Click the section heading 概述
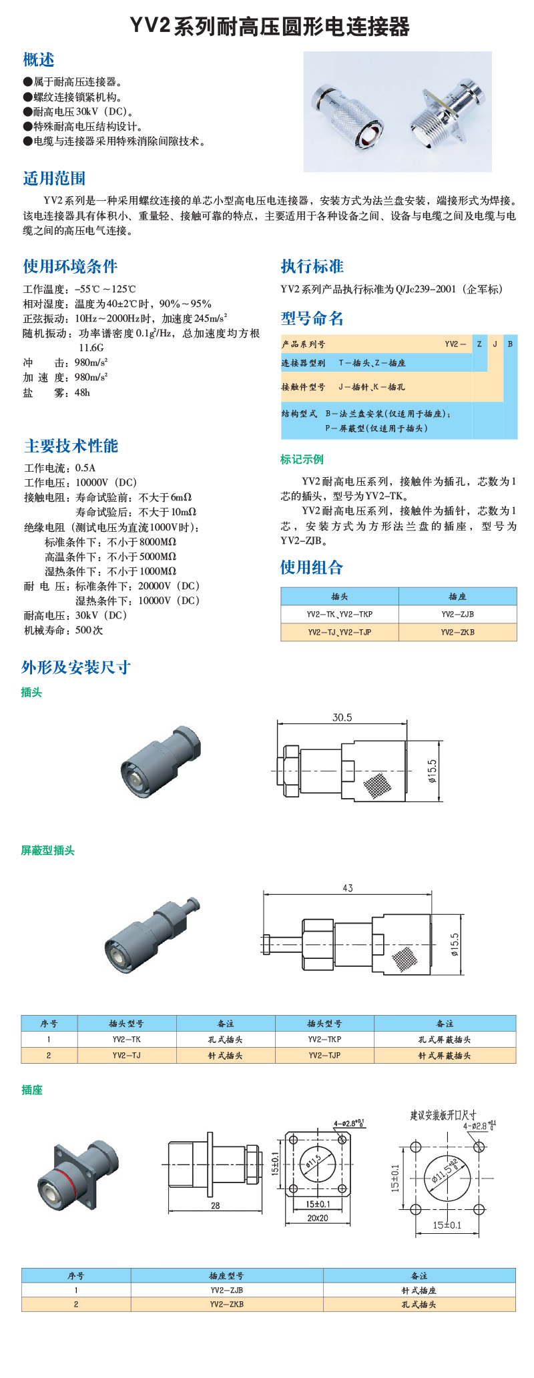tap(38, 60)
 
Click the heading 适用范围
tap(54, 178)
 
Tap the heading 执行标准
tap(312, 266)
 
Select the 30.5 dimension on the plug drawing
tap(342, 717)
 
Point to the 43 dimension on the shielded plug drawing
tap(347, 888)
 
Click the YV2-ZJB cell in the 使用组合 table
tap(457, 614)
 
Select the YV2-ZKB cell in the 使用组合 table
tap(457, 632)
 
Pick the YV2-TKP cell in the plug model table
tap(324, 1039)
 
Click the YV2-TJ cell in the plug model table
tap(126, 1055)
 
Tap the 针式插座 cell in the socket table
tap(419, 1291)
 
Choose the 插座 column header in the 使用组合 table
tap(457, 596)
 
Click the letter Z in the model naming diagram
tap(479, 344)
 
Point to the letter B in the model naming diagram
tap(510, 344)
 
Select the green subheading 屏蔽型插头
tap(47, 850)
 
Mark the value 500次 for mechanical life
tap(89, 630)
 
